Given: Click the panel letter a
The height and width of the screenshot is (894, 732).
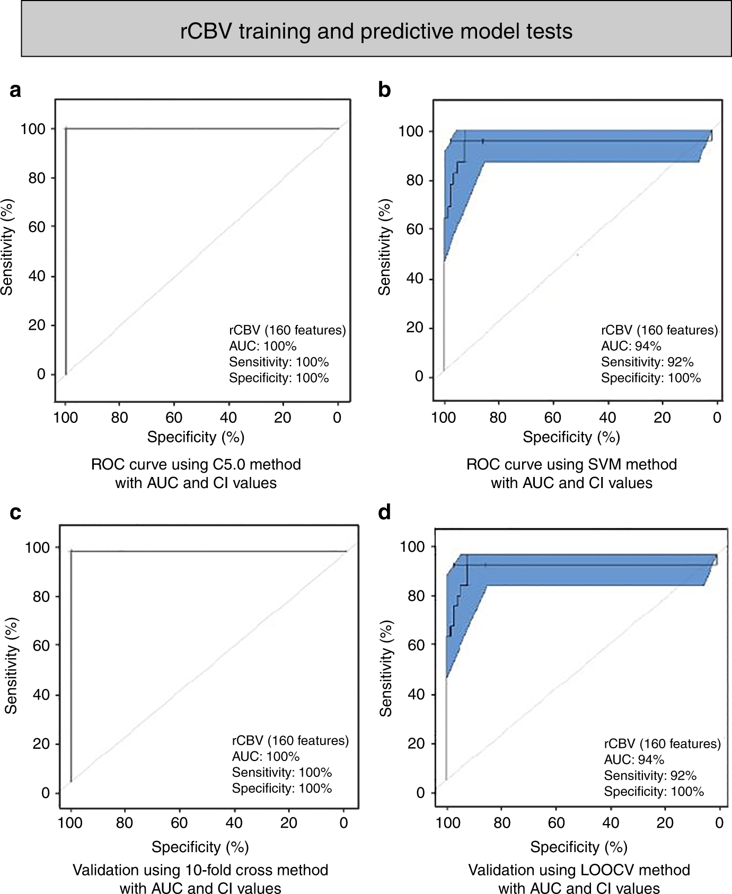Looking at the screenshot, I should click(x=15, y=90).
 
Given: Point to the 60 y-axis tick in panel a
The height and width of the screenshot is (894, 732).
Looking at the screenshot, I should click(x=37, y=227).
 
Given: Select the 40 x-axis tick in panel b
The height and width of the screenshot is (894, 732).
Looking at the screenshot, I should click(x=607, y=418).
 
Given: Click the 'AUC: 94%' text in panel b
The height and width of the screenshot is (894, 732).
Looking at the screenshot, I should click(x=631, y=346).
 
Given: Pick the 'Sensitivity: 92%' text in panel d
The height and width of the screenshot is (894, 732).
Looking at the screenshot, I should click(x=650, y=775).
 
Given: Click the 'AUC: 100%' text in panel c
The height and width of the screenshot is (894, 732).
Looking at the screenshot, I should click(x=266, y=756).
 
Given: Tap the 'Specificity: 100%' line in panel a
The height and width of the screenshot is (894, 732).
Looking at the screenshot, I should click(x=279, y=378).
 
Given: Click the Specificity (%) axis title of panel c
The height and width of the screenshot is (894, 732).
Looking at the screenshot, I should click(x=200, y=847).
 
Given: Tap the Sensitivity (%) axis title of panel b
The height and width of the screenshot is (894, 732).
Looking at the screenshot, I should click(x=384, y=247).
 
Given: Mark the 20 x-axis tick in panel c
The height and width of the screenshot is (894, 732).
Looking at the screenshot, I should click(x=289, y=822).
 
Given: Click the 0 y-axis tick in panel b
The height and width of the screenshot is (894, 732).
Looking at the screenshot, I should click(x=419, y=376).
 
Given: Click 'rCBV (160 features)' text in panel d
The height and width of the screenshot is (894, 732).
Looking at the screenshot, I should click(x=662, y=743).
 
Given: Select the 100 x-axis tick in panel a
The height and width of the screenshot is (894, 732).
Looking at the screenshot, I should click(x=65, y=418).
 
